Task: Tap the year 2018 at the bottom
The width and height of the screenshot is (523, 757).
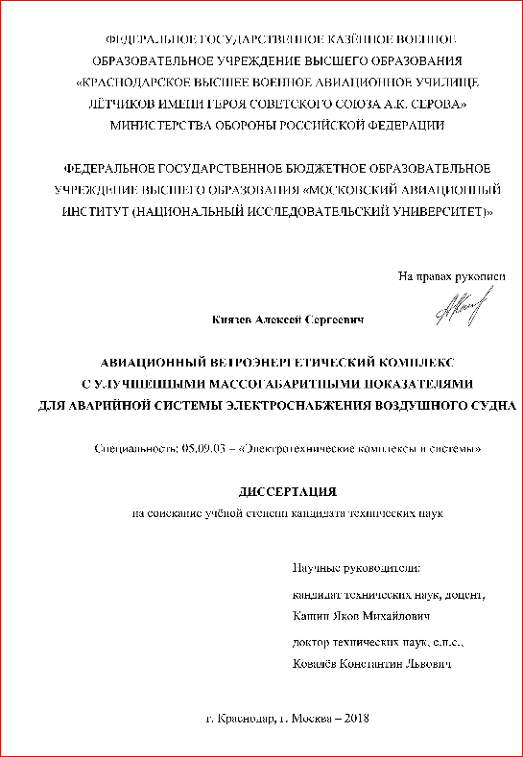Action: [355, 718]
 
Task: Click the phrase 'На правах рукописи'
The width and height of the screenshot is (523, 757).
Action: [451, 276]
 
